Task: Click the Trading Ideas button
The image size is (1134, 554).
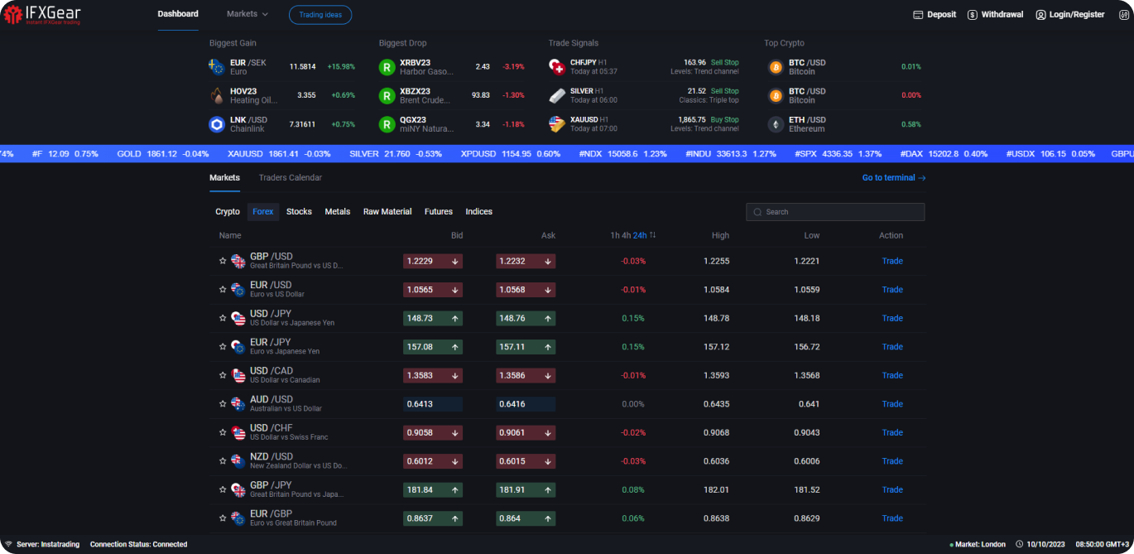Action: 320,15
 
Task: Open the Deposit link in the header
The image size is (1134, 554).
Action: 935,15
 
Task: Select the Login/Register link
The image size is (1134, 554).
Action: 1069,15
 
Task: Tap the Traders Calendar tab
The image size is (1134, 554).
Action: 290,178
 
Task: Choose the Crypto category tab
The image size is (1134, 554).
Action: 228,212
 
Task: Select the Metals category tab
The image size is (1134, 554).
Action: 337,212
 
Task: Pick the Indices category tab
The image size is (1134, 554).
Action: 478,212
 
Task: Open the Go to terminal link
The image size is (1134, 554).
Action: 893,178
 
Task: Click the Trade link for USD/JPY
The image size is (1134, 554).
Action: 891,319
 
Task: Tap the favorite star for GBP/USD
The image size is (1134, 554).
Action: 223,262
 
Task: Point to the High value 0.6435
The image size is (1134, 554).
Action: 716,404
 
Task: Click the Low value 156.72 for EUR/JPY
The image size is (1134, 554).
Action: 806,347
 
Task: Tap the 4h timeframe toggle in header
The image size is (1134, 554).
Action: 627,236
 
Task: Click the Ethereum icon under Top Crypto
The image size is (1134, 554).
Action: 776,124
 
